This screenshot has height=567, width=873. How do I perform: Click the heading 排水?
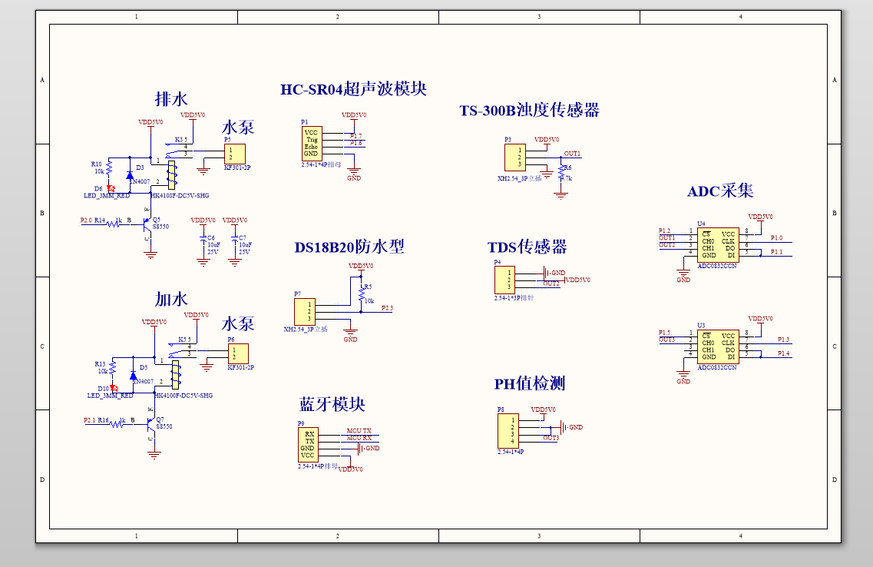tap(170, 99)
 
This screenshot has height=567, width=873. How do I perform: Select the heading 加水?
tap(170, 299)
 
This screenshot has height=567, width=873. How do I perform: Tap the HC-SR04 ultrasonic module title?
tap(353, 89)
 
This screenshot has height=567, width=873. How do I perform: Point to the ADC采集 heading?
tap(720, 191)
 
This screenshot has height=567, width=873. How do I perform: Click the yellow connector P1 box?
tap(312, 143)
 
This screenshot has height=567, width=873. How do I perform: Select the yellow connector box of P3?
tap(514, 157)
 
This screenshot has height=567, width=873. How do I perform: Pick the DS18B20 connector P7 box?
tap(304, 312)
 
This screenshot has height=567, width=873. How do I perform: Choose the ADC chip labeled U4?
tap(718, 244)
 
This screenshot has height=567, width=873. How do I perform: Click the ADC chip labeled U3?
tap(718, 346)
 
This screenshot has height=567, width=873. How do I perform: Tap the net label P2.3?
tap(387, 309)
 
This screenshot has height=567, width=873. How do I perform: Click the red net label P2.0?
tap(86, 220)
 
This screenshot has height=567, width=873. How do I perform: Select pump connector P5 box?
tap(234, 153)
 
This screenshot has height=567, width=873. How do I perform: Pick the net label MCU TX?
tap(359, 430)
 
